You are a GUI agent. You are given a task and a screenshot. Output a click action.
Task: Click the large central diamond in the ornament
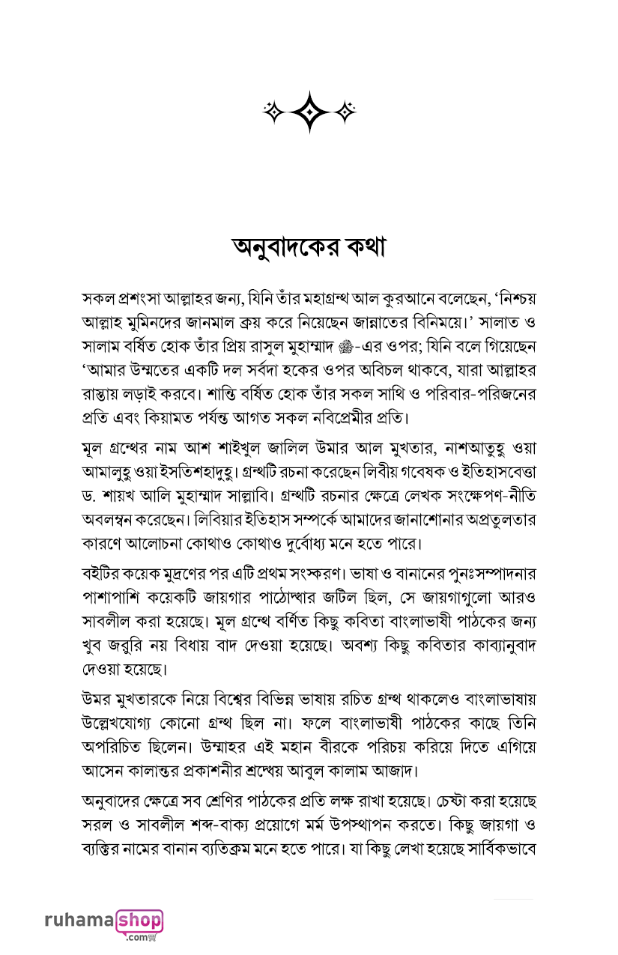pyautogui.click(x=309, y=112)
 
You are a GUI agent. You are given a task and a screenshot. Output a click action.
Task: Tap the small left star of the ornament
pyautogui.click(x=273, y=112)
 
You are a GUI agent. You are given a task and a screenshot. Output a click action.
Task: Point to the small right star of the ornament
pyautogui.click(x=345, y=112)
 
